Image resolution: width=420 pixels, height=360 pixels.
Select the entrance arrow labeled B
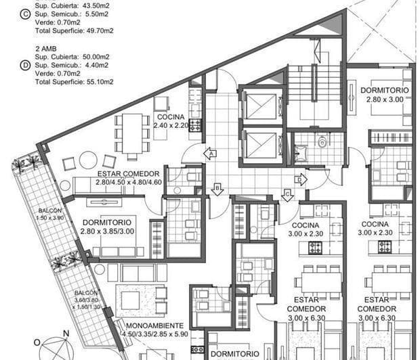click(x=217, y=189)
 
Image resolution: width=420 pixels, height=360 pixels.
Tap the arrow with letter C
click(x=287, y=194)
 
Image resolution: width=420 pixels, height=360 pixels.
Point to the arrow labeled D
click(x=300, y=179)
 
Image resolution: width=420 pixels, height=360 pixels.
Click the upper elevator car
click(x=260, y=106)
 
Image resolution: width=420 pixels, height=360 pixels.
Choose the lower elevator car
click(x=260, y=145)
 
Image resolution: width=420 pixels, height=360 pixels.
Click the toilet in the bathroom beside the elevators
click(x=322, y=143)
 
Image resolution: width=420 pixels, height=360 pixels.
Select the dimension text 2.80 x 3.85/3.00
click(x=119, y=231)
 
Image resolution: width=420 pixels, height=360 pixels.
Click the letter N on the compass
click(x=66, y=333)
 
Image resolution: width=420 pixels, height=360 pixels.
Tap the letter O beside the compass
click(x=38, y=342)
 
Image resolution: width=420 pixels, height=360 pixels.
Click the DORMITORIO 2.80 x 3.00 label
click(x=383, y=94)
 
